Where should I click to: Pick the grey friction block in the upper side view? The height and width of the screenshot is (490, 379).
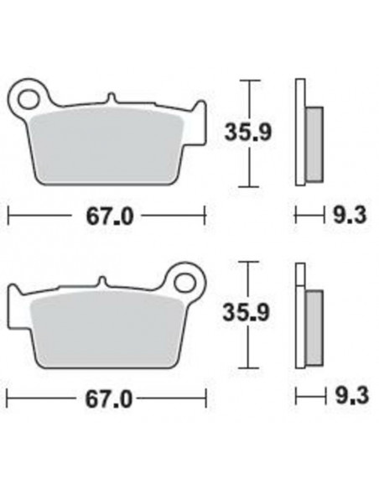[x=313, y=143]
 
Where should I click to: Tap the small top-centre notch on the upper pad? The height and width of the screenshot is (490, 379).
[x=111, y=99]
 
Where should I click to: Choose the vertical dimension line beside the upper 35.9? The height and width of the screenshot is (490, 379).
[x=247, y=133]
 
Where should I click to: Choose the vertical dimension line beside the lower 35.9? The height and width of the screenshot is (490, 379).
[x=247, y=315]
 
